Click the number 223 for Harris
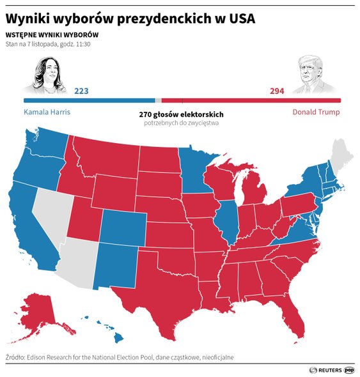tap(81, 91)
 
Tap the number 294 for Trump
tap(276, 91)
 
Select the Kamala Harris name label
tap(46, 112)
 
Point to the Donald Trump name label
tap(316, 112)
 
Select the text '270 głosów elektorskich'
tap(181, 114)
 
